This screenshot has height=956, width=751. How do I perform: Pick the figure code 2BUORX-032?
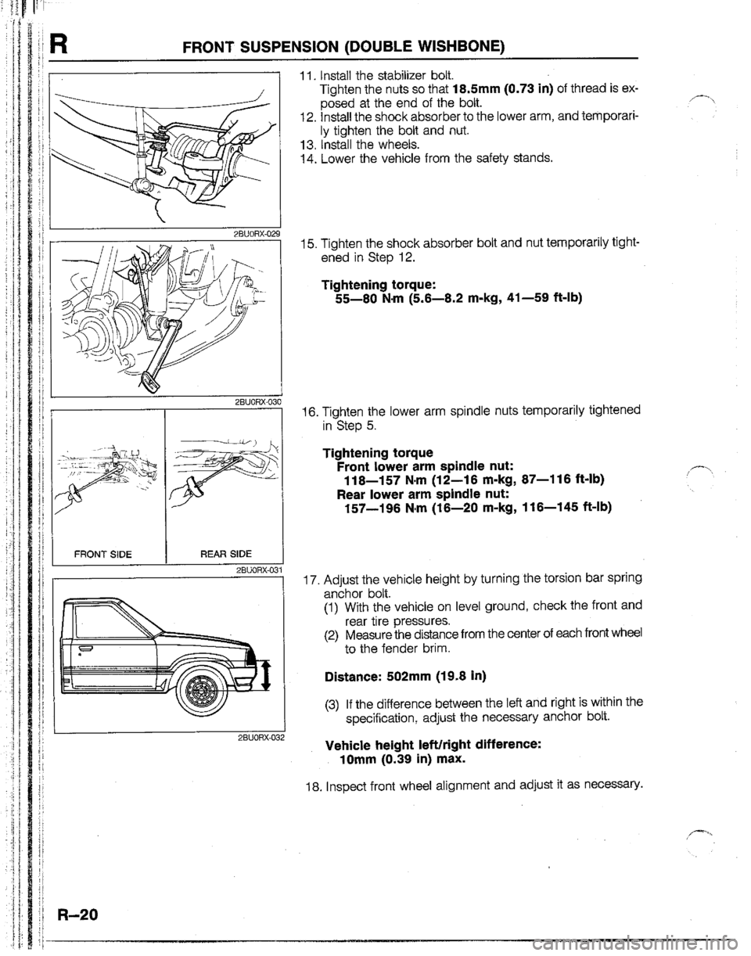[x=257, y=736]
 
